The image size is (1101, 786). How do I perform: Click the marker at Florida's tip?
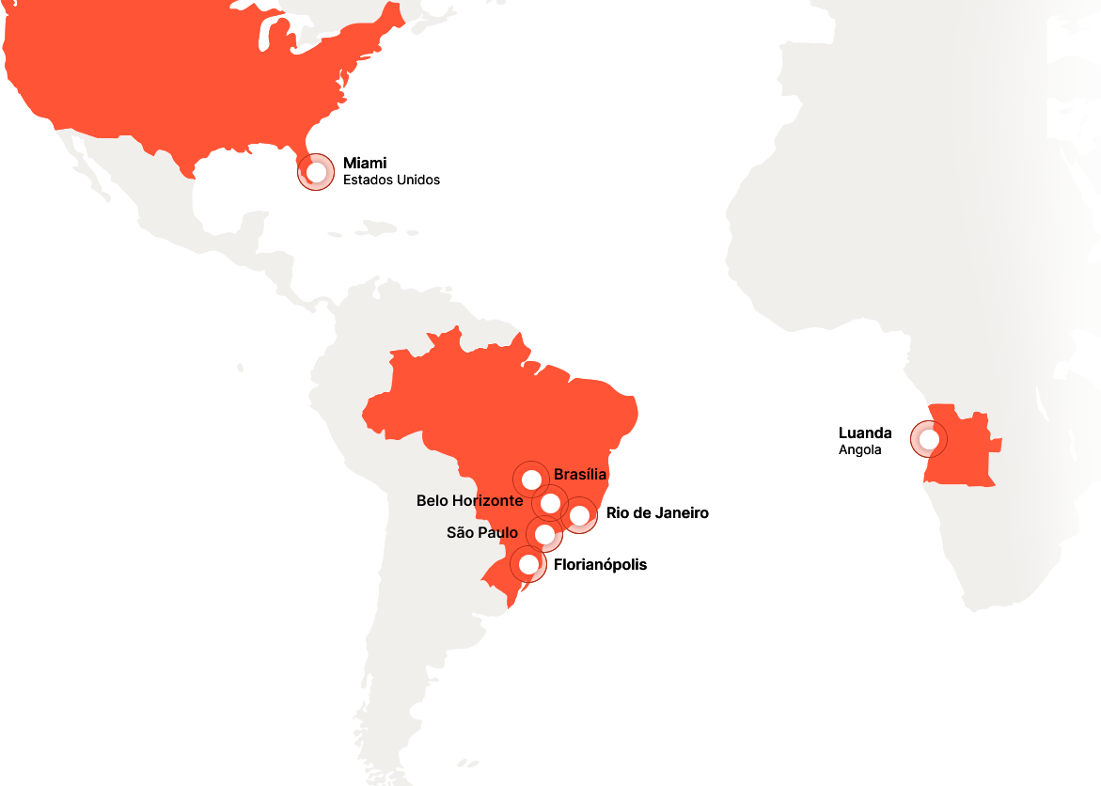tap(316, 172)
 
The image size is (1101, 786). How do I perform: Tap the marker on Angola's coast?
tap(929, 439)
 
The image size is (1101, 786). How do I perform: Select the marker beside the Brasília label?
tap(531, 479)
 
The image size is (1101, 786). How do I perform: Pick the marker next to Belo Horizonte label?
tap(550, 503)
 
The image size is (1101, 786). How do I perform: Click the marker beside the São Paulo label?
tap(544, 534)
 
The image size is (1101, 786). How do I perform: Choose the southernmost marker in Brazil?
tap(528, 564)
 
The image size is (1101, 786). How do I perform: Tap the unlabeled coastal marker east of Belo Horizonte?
tap(579, 515)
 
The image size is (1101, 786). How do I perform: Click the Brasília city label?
tap(580, 475)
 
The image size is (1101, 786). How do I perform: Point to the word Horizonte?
tap(487, 501)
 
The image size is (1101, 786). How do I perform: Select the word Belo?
tap(432, 501)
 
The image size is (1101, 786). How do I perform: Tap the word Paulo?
tap(497, 533)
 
